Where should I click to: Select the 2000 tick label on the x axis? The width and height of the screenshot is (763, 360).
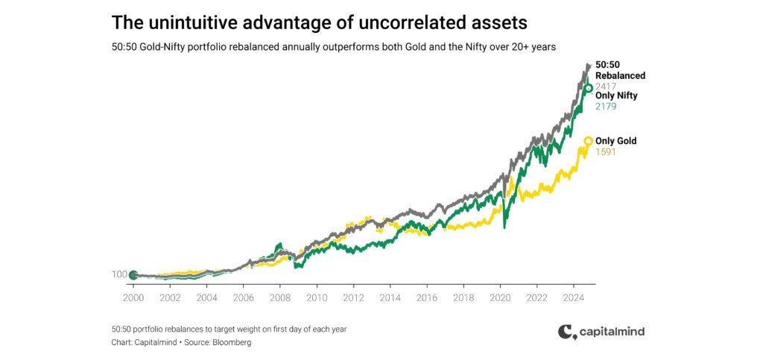pyautogui.click(x=133, y=297)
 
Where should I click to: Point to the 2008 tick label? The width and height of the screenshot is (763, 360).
pyautogui.click(x=279, y=297)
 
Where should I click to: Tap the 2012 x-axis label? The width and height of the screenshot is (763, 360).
pyautogui.click(x=353, y=297)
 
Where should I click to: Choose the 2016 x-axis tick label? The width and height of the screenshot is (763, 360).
pyautogui.click(x=426, y=297)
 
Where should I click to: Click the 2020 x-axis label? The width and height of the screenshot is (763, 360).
pyautogui.click(x=499, y=297)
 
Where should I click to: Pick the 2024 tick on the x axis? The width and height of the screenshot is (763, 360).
pyautogui.click(x=573, y=297)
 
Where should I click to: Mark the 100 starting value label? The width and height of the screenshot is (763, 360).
pyautogui.click(x=119, y=275)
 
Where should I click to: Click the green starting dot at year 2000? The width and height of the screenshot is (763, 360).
pyautogui.click(x=133, y=275)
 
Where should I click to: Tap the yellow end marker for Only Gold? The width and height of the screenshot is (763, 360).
pyautogui.click(x=588, y=141)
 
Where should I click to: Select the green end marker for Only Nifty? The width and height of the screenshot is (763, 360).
pyautogui.click(x=588, y=89)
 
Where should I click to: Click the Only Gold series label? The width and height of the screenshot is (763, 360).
pyautogui.click(x=615, y=141)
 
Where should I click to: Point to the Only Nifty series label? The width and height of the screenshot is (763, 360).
pyautogui.click(x=616, y=95)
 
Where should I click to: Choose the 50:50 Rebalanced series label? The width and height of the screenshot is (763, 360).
pyautogui.click(x=620, y=70)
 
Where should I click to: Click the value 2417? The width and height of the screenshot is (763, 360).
pyautogui.click(x=606, y=86)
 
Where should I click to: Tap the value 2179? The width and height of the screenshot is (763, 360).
pyautogui.click(x=606, y=107)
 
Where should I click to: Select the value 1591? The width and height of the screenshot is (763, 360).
pyautogui.click(x=606, y=152)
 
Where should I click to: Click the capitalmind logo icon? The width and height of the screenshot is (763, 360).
pyautogui.click(x=566, y=332)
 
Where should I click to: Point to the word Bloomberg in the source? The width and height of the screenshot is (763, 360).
pyautogui.click(x=231, y=342)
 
